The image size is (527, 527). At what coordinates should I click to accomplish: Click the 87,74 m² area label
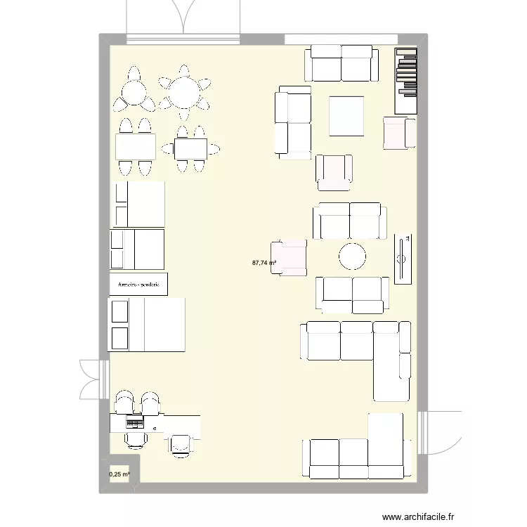click(263, 263)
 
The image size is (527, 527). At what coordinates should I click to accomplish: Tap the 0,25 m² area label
click(119, 474)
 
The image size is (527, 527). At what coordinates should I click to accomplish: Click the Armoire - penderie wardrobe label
click(138, 285)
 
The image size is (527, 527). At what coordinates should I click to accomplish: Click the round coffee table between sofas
click(352, 256)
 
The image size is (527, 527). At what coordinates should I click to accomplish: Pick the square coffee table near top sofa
click(347, 116)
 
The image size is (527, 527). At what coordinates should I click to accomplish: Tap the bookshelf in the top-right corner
click(405, 81)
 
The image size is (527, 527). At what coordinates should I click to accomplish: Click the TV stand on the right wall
click(403, 259)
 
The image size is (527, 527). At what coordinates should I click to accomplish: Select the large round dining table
click(185, 92)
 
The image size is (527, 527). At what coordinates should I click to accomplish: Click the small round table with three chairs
click(134, 92)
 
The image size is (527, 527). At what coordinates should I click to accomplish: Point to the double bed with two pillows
click(146, 324)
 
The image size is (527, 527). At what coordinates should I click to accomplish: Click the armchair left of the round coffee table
click(289, 256)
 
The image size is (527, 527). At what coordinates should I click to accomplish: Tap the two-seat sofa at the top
click(339, 63)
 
